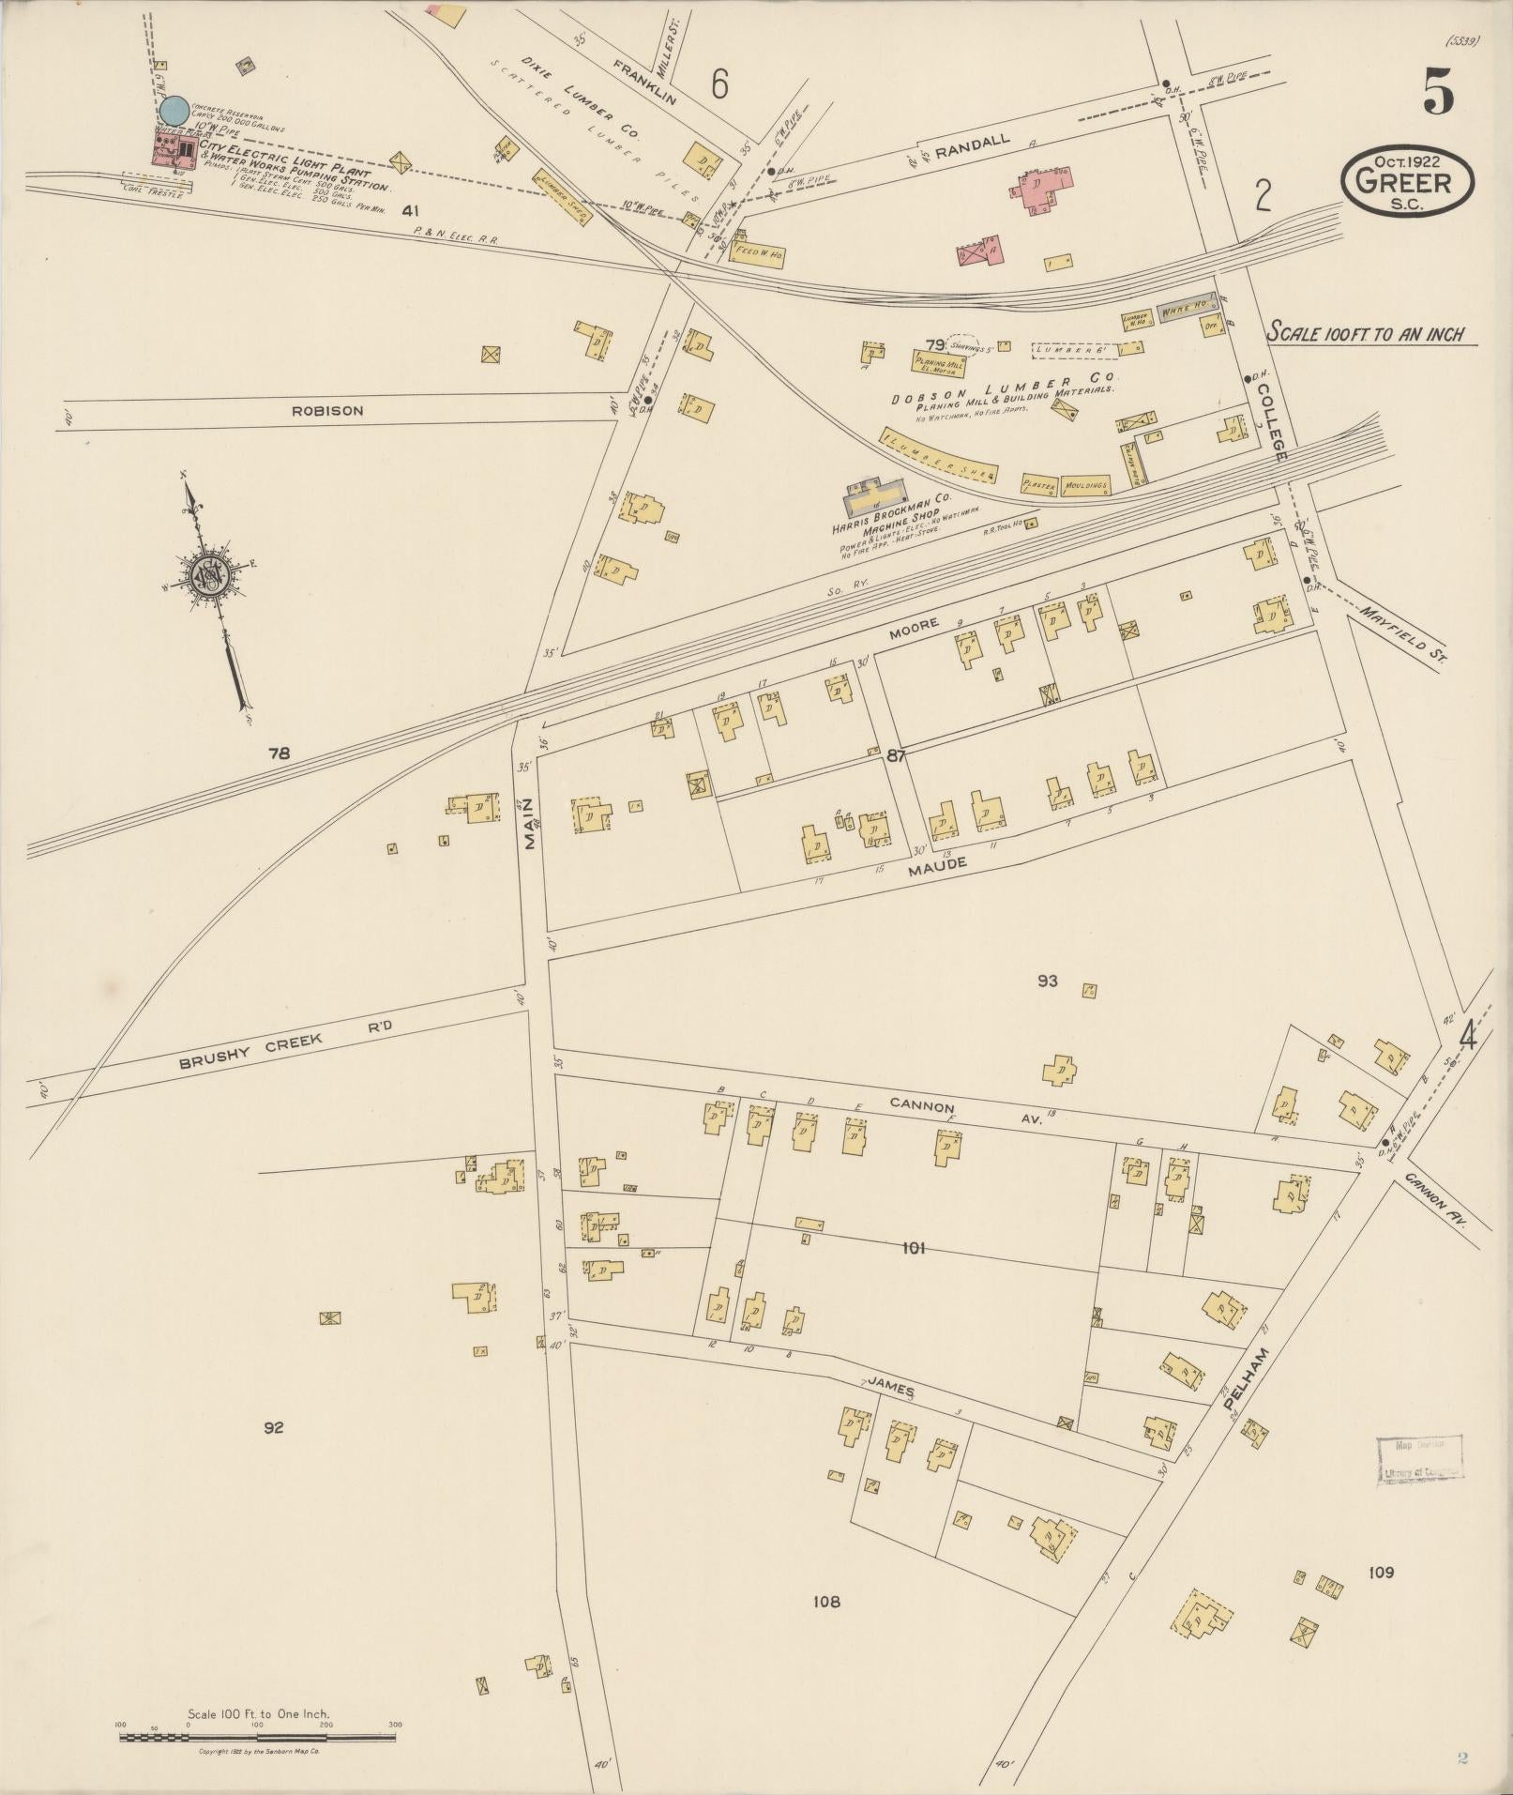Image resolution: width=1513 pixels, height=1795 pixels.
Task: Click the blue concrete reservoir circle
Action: (x=174, y=111)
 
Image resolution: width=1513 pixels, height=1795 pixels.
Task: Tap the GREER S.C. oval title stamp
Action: (x=1406, y=180)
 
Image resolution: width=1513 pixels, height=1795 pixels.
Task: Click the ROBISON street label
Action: (x=327, y=411)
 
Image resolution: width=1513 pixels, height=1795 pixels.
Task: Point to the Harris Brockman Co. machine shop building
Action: (x=876, y=497)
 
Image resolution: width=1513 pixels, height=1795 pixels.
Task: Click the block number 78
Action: (x=280, y=753)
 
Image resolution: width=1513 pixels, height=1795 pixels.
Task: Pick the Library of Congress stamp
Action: (x=1419, y=1460)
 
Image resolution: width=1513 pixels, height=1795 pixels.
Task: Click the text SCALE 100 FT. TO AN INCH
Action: (x=1366, y=333)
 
